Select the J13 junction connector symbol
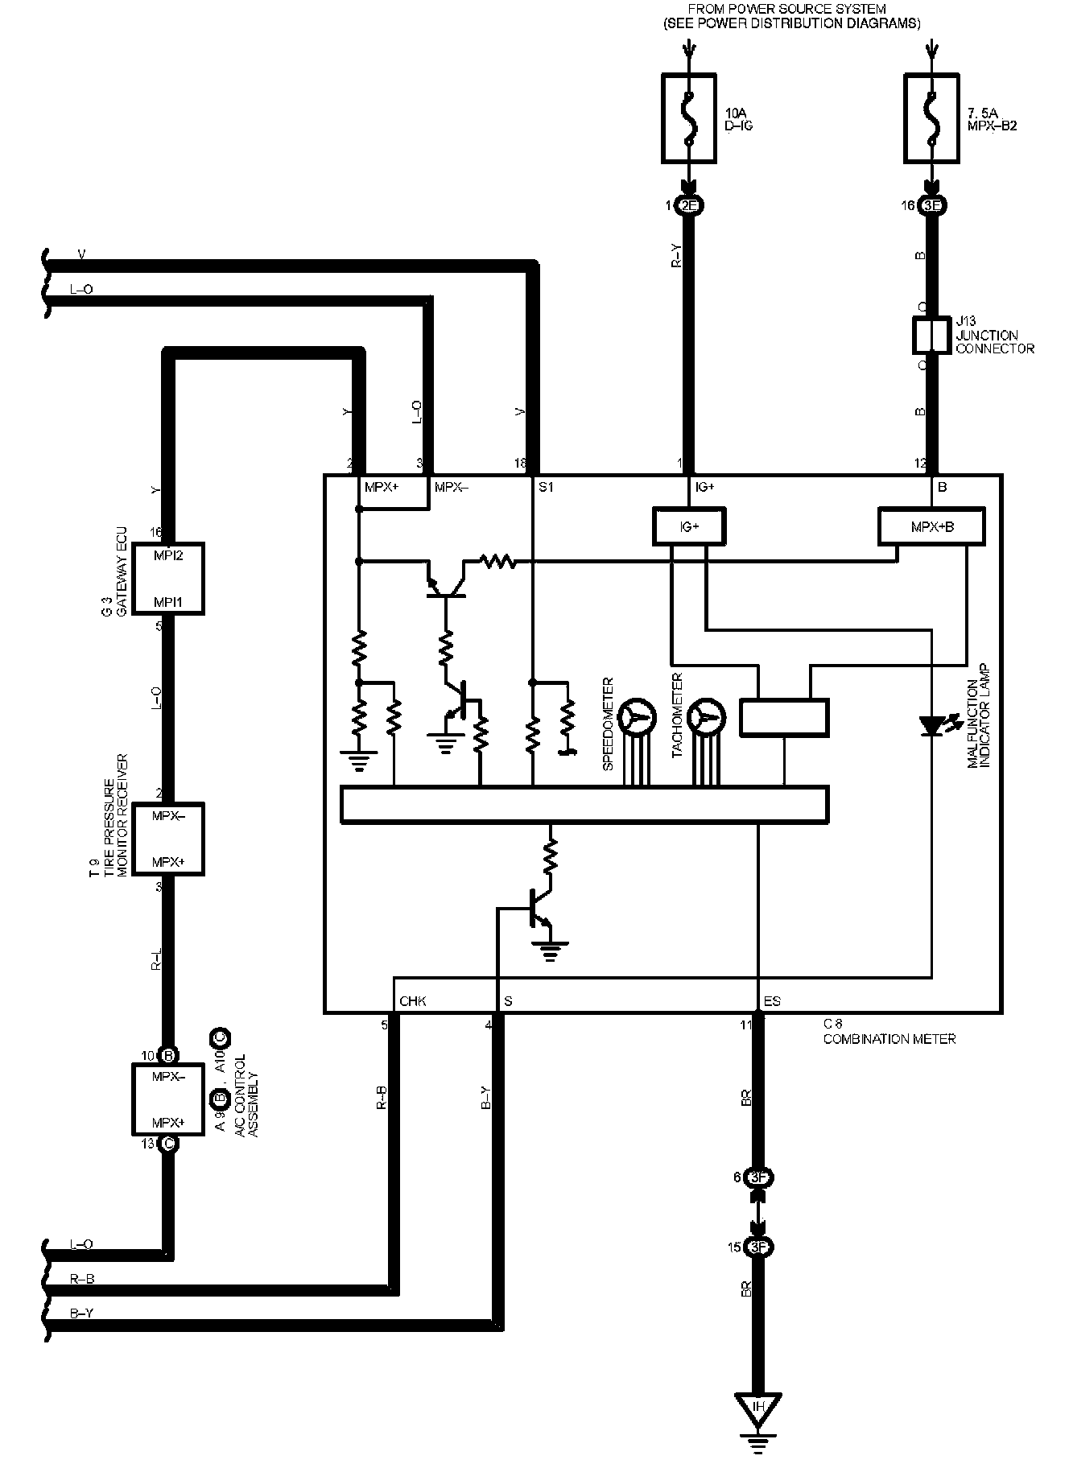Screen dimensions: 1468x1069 click(931, 336)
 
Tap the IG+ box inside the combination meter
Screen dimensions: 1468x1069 click(688, 526)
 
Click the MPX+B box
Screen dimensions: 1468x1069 click(931, 526)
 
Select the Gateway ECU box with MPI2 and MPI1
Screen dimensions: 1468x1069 click(168, 578)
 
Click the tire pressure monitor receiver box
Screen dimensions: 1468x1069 click(168, 838)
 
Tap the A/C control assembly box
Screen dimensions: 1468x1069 click(168, 1099)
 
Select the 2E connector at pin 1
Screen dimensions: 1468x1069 click(689, 206)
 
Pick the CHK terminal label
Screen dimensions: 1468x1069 click(412, 1001)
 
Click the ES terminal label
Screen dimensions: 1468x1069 click(771, 1001)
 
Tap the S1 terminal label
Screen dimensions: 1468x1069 click(546, 487)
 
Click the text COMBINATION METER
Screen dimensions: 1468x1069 click(889, 1039)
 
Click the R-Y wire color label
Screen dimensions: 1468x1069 click(677, 257)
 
